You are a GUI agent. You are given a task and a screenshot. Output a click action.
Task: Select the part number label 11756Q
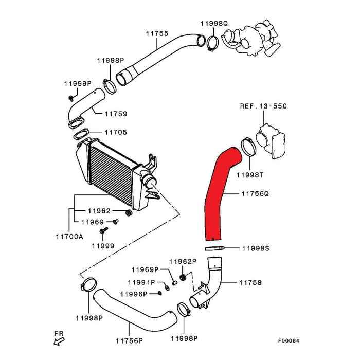tap(255, 193)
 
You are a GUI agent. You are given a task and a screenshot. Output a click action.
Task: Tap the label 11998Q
tap(214, 24)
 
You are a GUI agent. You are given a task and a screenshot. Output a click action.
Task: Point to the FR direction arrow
tap(59, 341)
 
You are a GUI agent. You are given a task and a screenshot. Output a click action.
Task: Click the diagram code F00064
tap(289, 340)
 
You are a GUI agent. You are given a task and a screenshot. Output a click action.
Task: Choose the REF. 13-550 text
tap(263, 106)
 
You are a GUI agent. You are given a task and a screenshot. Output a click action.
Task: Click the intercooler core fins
tap(111, 174)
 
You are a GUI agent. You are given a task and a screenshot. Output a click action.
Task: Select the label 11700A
tap(69, 236)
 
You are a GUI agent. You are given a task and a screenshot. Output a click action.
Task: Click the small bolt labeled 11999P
tap(71, 98)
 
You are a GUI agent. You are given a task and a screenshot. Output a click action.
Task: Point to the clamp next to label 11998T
tap(248, 147)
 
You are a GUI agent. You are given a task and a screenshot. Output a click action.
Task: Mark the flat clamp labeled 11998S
tap(215, 248)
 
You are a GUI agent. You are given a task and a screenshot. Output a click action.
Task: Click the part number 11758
tap(250, 283)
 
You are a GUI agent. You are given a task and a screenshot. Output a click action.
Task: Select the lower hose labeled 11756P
tap(135, 310)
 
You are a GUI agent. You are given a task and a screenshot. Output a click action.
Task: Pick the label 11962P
tap(183, 262)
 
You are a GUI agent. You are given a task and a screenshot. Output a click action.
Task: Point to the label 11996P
tap(134, 294)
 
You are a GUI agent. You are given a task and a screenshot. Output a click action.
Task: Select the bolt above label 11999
tap(103, 230)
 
